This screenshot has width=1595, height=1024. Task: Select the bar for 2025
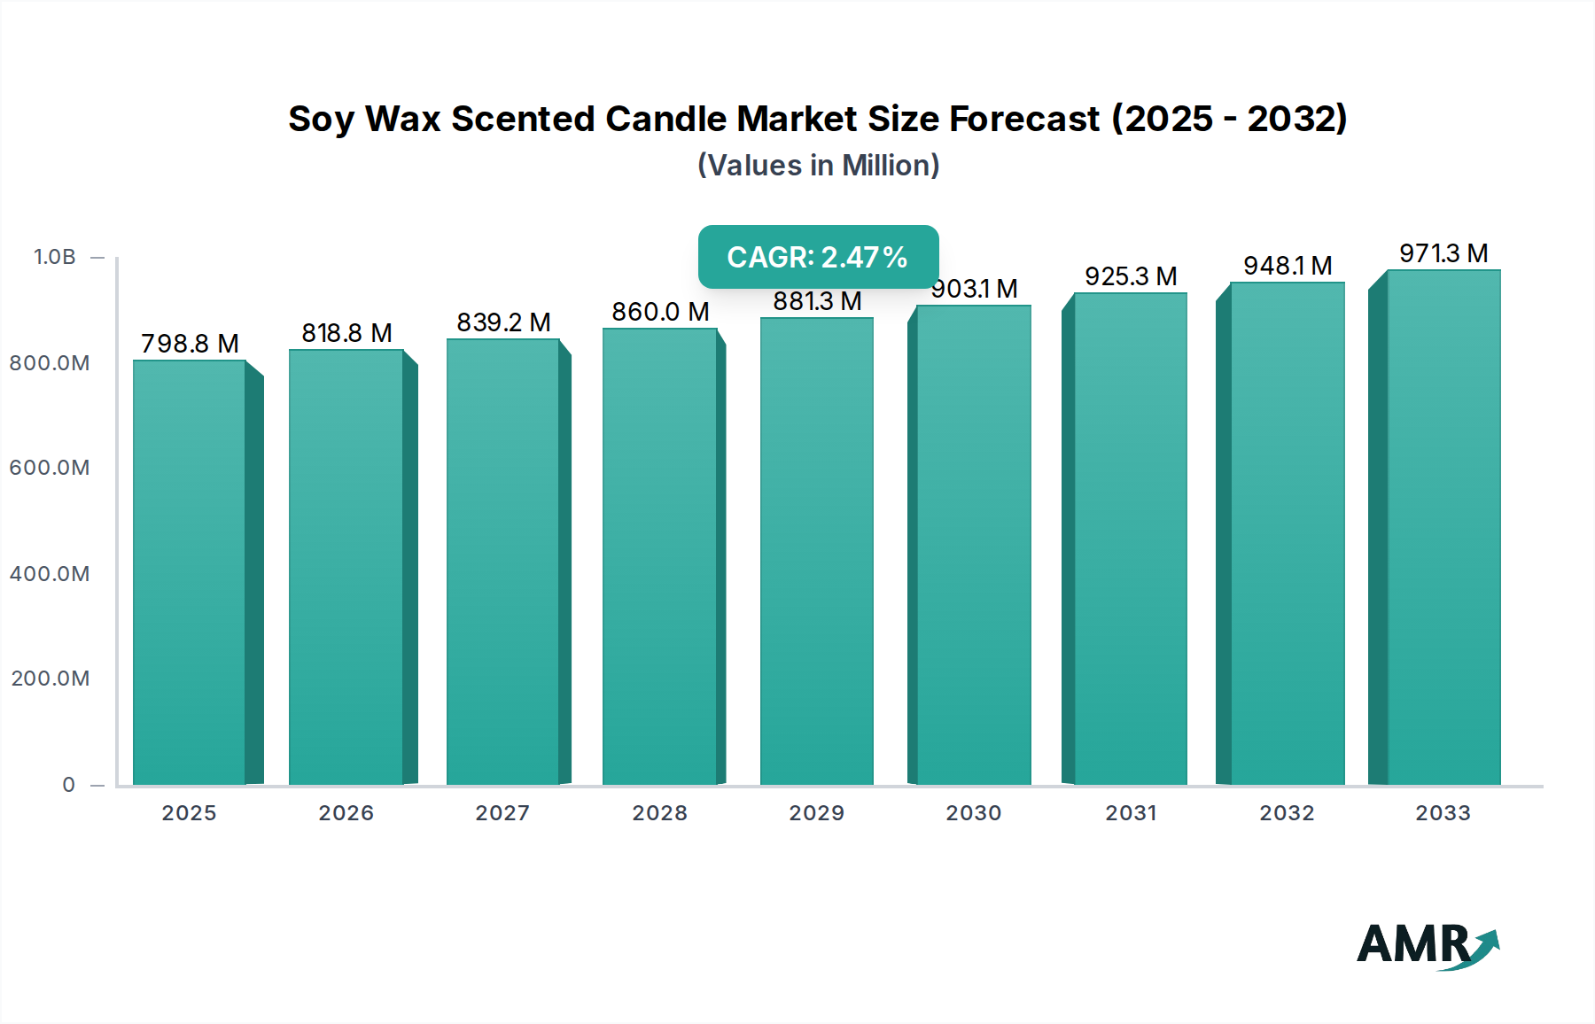click(x=190, y=572)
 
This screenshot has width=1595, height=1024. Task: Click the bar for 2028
click(x=659, y=556)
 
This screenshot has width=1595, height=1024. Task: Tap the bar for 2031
click(x=1130, y=539)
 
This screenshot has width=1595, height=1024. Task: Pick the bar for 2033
click(x=1443, y=527)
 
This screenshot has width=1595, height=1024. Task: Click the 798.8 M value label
click(x=190, y=344)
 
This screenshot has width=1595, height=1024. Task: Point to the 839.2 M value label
click(x=503, y=322)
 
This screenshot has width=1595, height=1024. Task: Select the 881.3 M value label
click(x=817, y=302)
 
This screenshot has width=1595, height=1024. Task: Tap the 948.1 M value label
click(x=1288, y=266)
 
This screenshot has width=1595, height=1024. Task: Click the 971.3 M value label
click(x=1443, y=253)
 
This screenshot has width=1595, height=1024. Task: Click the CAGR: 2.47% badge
click(x=818, y=257)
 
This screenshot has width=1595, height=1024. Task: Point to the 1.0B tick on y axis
click(x=55, y=257)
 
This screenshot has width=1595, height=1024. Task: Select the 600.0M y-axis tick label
click(x=50, y=468)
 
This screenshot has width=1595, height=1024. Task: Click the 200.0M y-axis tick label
click(x=51, y=679)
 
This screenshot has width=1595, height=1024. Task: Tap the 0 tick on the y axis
click(x=68, y=785)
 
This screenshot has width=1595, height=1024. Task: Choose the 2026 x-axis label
click(x=346, y=813)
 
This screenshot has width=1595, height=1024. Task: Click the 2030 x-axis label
click(x=973, y=813)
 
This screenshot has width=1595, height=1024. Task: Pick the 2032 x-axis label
click(x=1287, y=813)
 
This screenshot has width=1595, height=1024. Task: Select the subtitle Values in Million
click(x=818, y=166)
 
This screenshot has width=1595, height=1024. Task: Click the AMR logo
click(x=1427, y=946)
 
